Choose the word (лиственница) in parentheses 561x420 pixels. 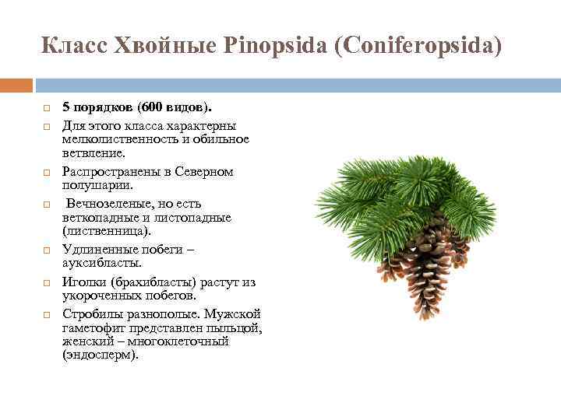107,231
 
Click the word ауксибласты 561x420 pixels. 103,264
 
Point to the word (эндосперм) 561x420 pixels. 101,355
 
